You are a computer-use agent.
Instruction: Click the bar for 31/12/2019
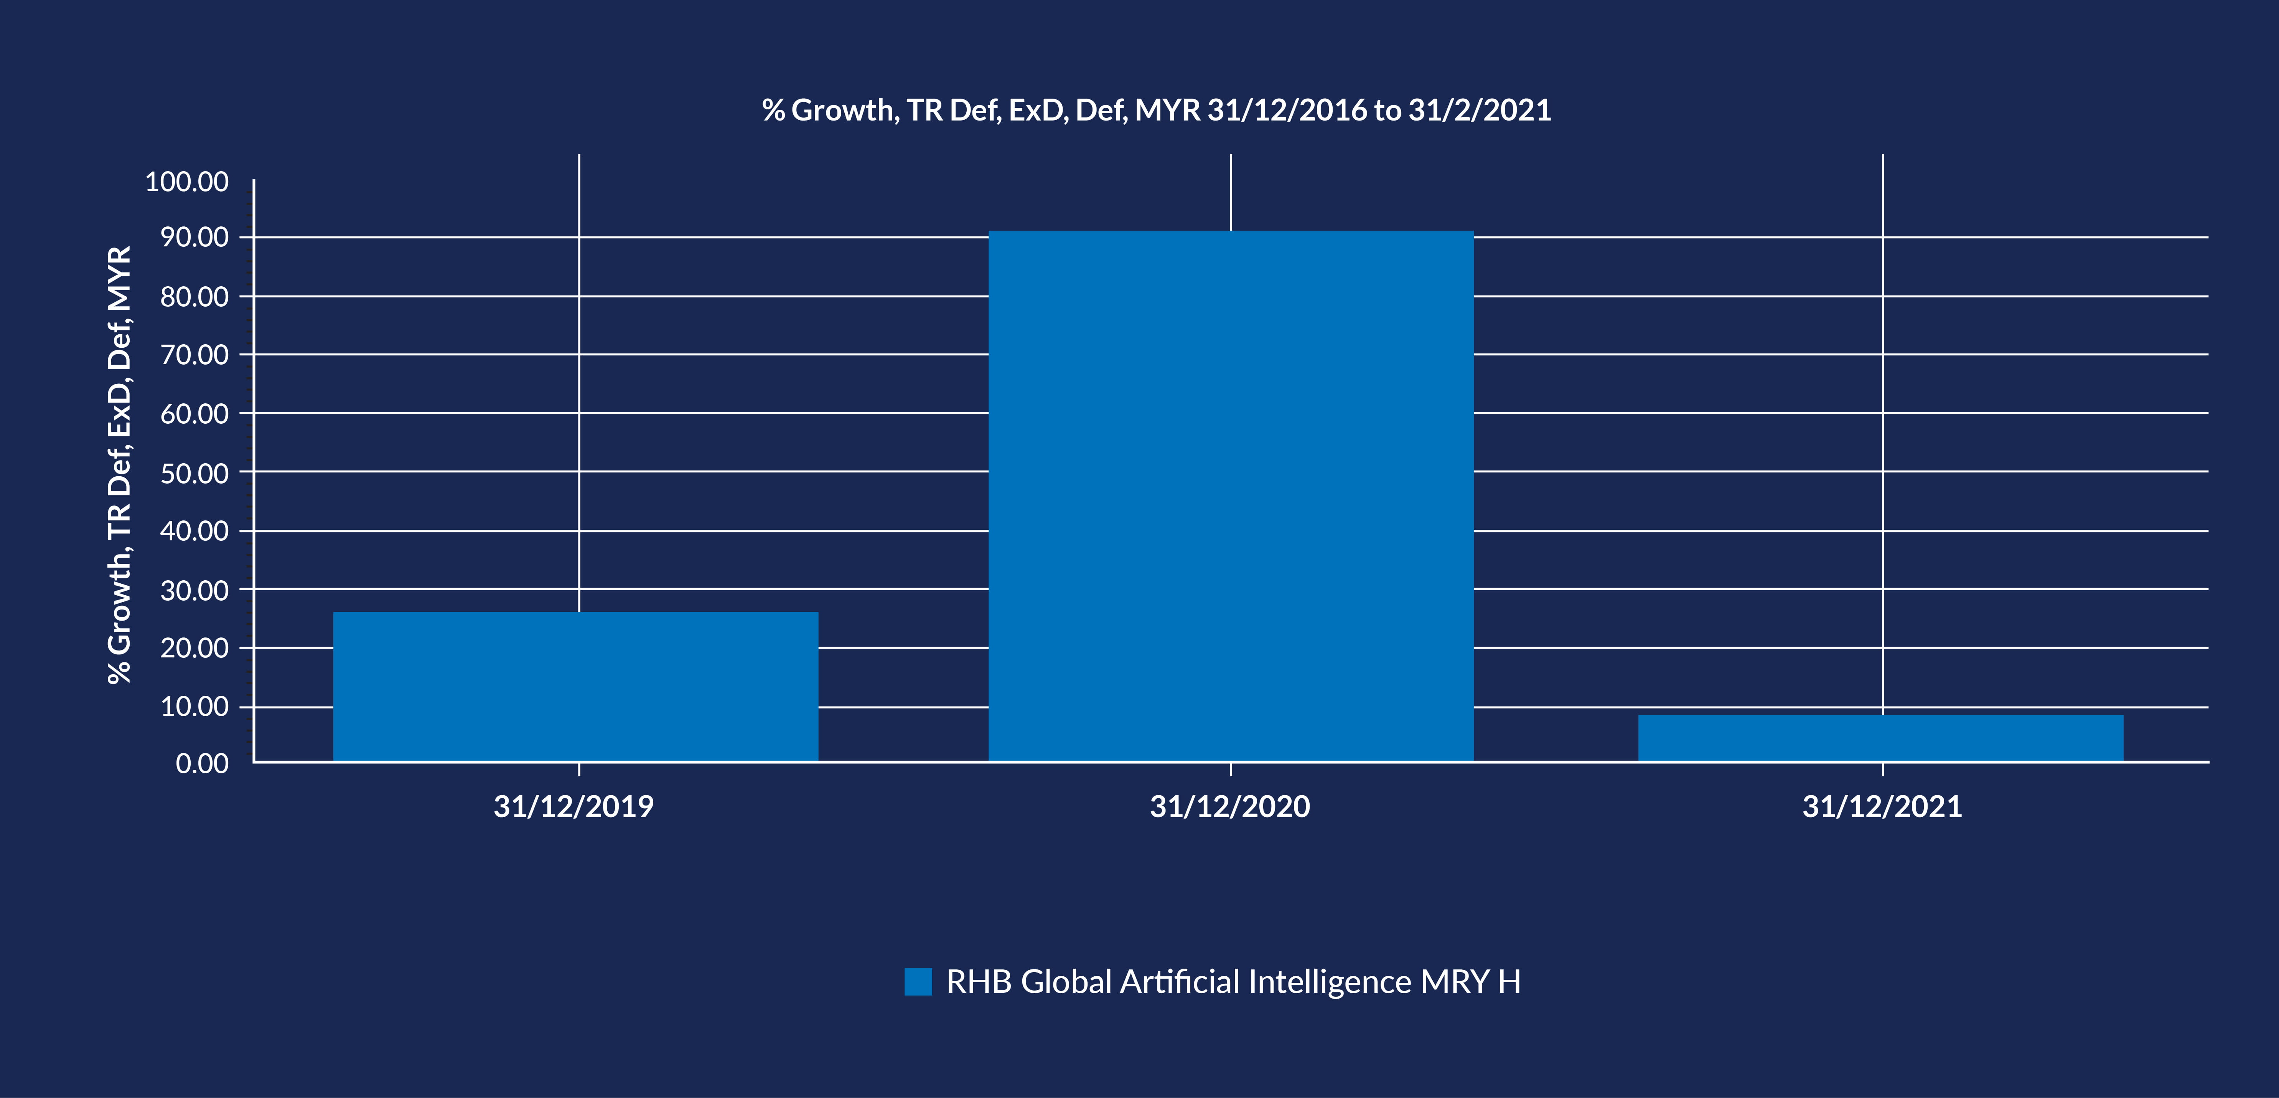coord(575,687)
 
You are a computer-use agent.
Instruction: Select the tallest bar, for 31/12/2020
coord(1231,495)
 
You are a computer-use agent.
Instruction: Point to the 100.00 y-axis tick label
coord(187,182)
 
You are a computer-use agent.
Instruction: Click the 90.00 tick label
coord(194,237)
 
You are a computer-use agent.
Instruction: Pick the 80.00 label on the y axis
coord(194,296)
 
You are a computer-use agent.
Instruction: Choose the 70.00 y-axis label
coord(194,355)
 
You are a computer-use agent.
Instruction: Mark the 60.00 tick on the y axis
coord(194,413)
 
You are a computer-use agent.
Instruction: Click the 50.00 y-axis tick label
coord(194,472)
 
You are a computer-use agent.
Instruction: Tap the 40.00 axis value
coord(194,531)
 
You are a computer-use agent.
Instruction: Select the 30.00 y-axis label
coord(194,589)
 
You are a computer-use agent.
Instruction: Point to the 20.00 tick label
coord(194,648)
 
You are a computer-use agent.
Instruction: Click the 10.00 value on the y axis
coord(194,706)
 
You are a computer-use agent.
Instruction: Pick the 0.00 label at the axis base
coord(203,763)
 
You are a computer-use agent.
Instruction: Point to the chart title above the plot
coord(1156,110)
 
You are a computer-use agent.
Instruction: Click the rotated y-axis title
coord(119,464)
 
